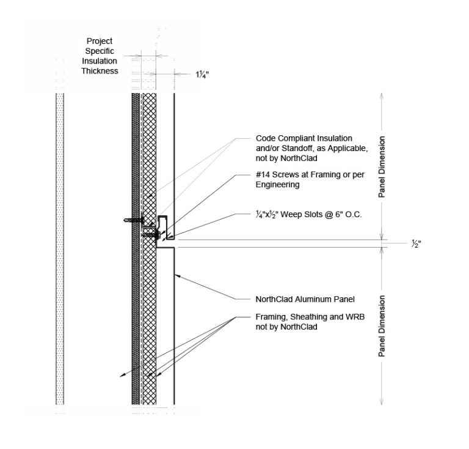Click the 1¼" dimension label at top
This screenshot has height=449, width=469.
(202, 75)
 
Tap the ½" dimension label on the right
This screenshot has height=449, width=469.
(416, 243)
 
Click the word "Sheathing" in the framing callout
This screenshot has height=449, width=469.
(307, 317)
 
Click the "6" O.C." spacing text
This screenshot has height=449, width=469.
(347, 215)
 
